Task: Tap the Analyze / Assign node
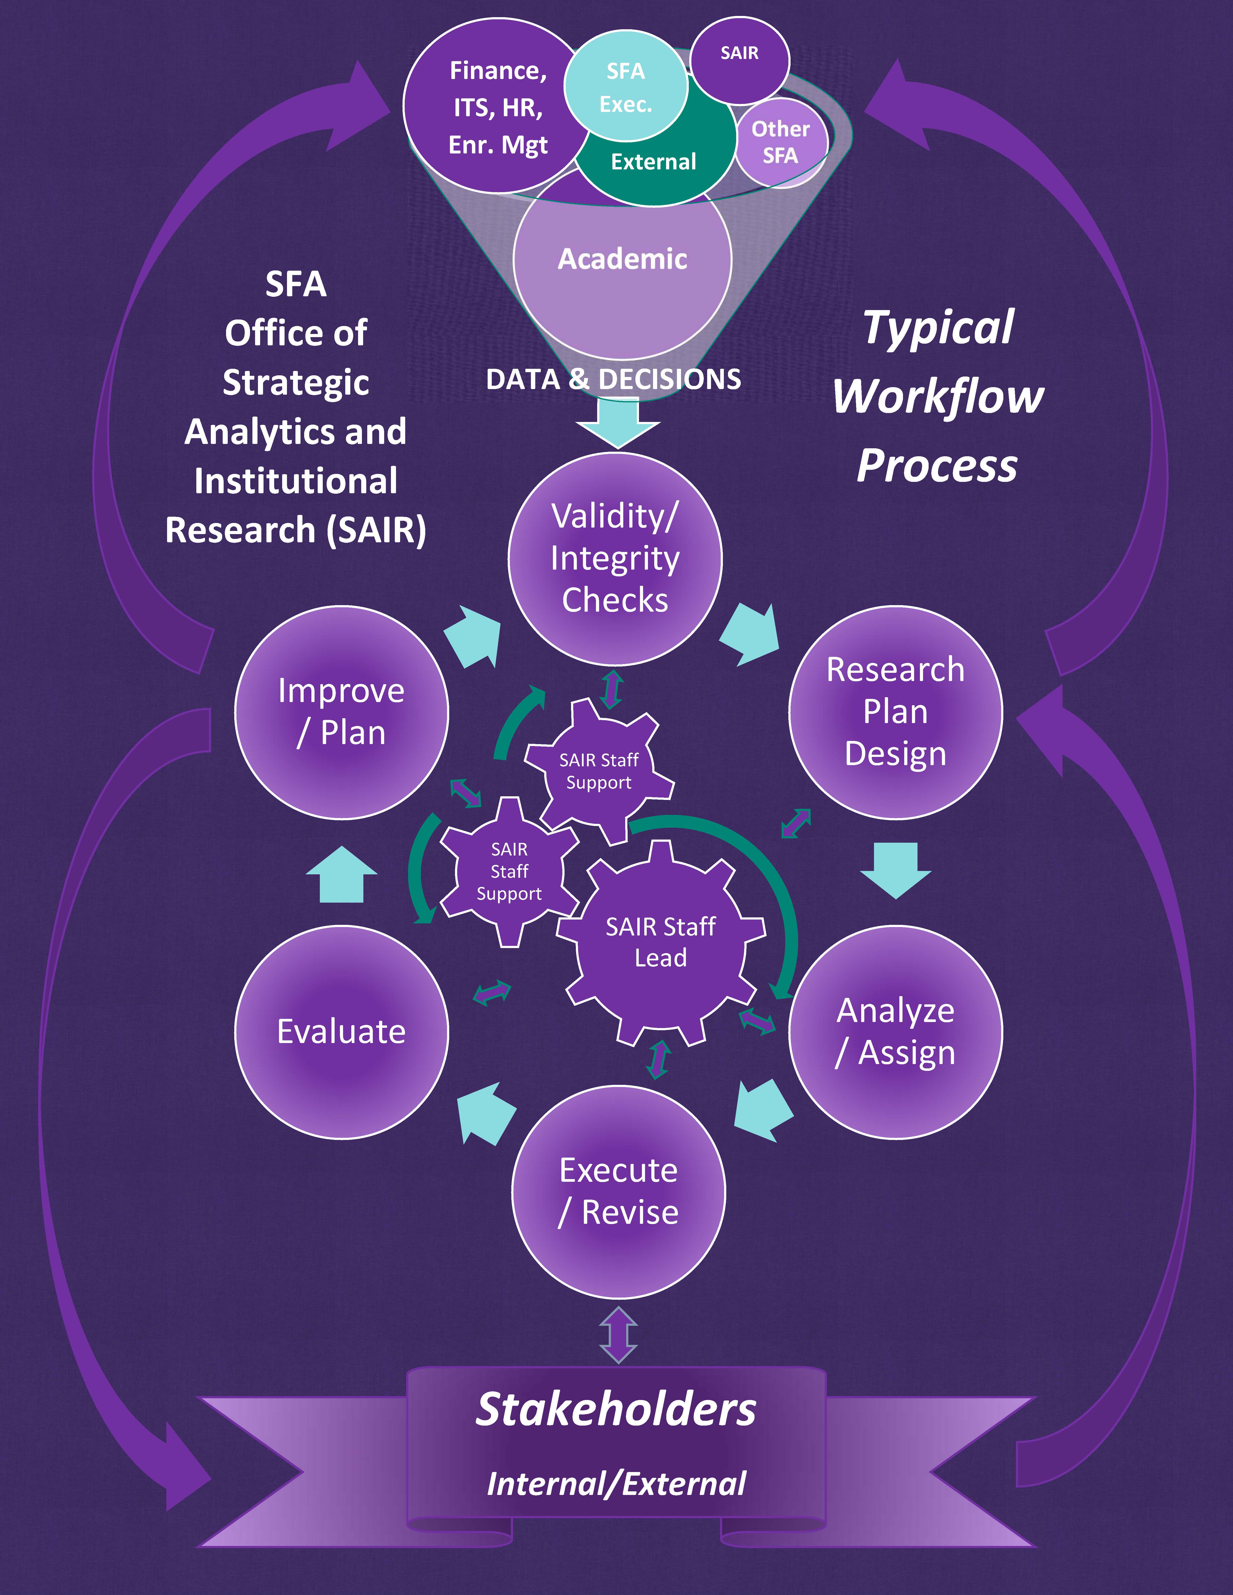(895, 1031)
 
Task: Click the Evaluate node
(341, 1031)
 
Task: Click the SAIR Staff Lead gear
(660, 942)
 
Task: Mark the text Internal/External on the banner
(616, 1483)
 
